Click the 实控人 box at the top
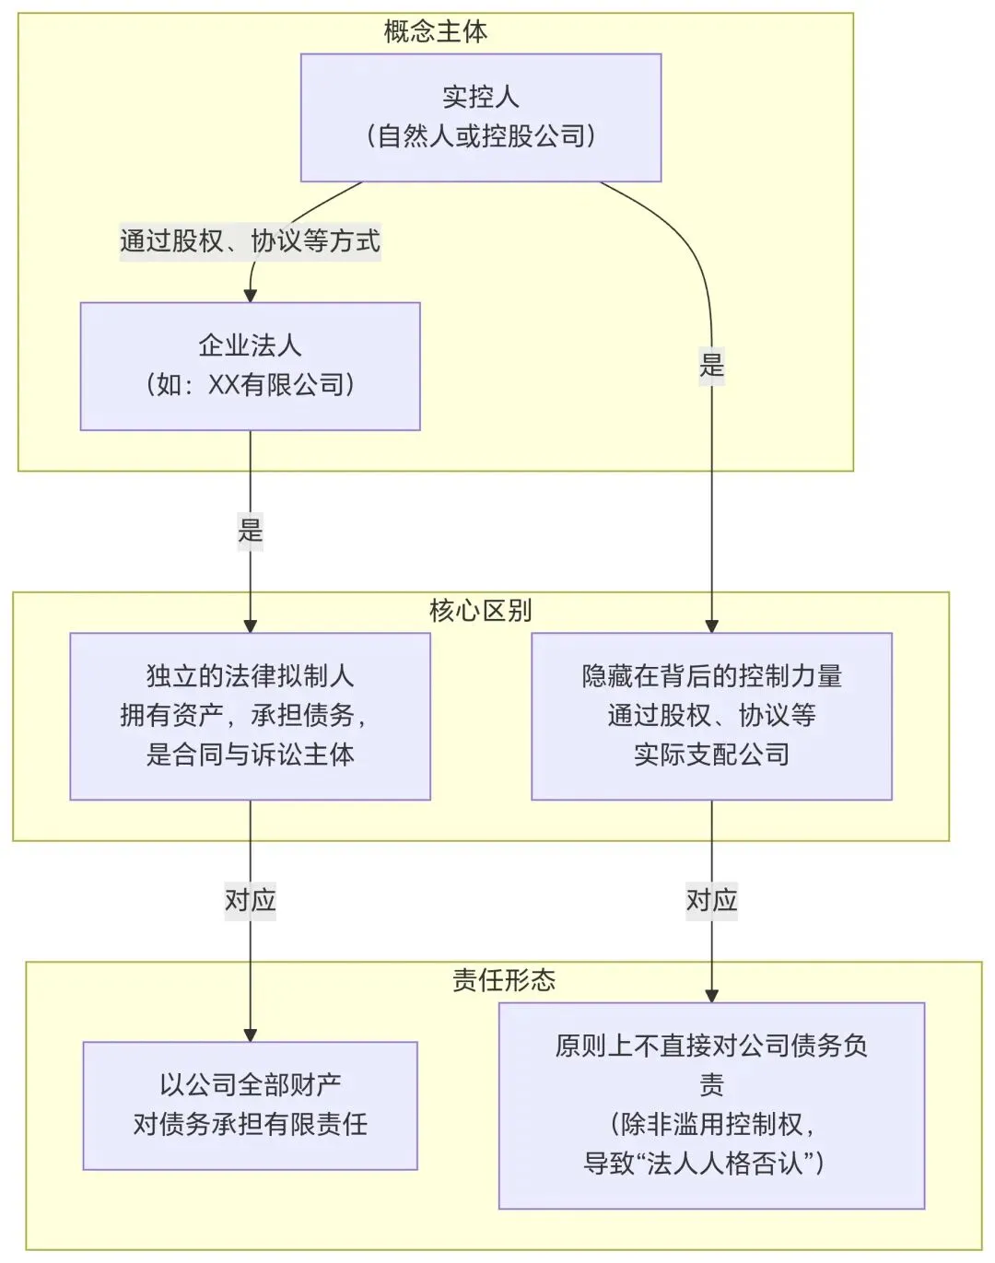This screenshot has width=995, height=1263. point(481,117)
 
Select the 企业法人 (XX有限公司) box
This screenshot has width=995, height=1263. point(250,366)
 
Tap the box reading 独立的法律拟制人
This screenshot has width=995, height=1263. point(250,716)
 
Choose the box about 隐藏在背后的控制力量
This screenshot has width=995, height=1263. point(711,716)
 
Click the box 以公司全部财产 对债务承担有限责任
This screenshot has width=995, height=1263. point(250,1105)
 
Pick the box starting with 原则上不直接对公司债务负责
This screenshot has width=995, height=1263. point(711,1105)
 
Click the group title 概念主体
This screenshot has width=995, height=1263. point(435,32)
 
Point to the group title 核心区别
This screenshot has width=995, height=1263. point(480,610)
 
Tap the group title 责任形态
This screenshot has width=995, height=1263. point(503,979)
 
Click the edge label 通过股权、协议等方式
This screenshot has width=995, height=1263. point(250,241)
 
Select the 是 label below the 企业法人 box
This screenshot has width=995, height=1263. point(250,531)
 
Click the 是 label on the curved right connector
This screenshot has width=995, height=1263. point(711,365)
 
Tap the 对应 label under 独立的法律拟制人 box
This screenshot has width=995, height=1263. point(250,899)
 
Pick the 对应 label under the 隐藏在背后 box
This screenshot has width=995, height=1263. point(711,899)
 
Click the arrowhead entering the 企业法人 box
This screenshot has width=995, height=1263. point(250,295)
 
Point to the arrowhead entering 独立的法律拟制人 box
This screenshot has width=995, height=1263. point(250,626)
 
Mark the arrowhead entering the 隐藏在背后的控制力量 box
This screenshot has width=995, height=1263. point(711,626)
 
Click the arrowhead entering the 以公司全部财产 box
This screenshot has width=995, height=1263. point(250,1035)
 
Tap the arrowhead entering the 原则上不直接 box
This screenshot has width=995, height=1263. point(711,996)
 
